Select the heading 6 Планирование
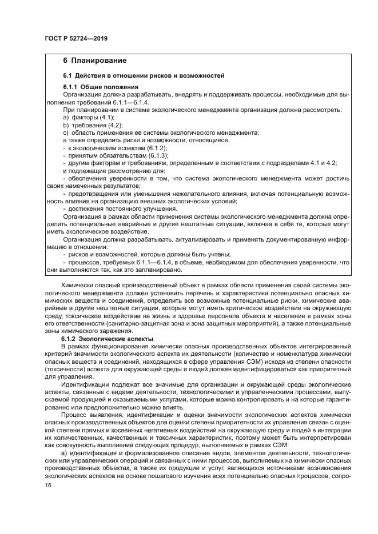click(x=94, y=60)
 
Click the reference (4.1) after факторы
click(x=107, y=116)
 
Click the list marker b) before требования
click(x=65, y=124)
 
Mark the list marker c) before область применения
click(x=65, y=132)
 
